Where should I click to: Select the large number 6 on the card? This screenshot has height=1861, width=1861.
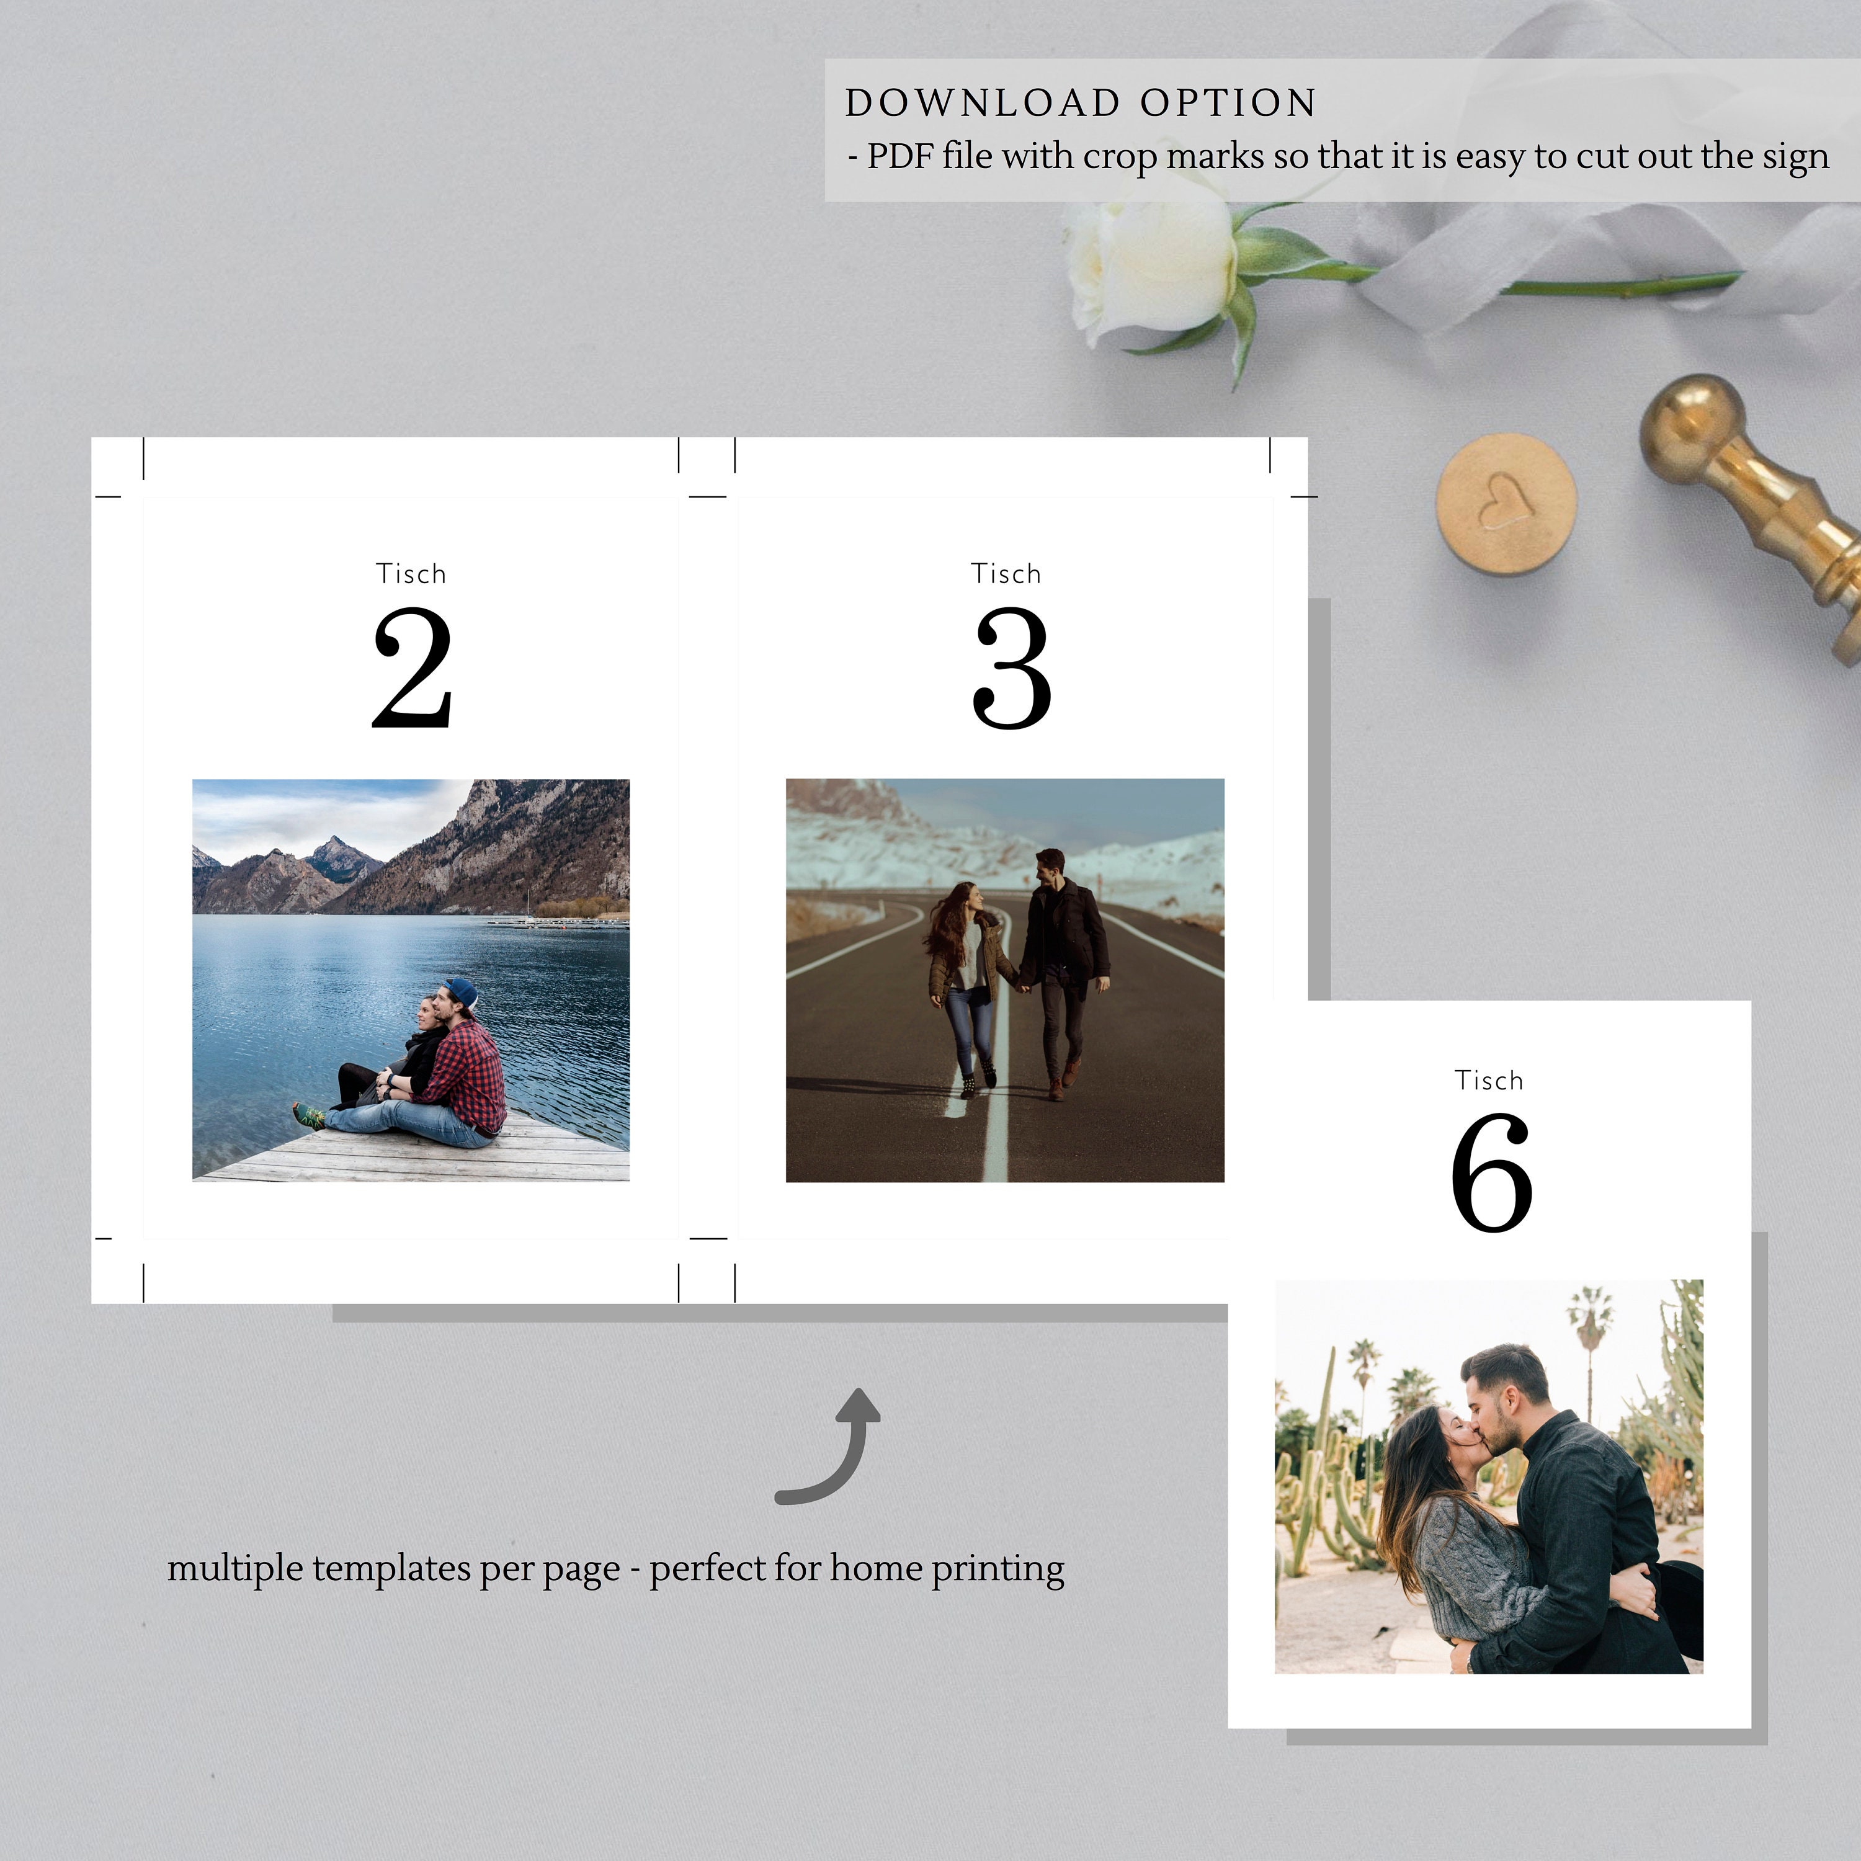(x=1491, y=1172)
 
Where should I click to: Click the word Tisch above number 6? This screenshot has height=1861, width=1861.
(x=1489, y=1081)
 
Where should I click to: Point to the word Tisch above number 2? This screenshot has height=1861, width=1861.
(x=411, y=574)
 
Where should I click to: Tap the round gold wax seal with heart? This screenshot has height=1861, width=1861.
(x=1506, y=503)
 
